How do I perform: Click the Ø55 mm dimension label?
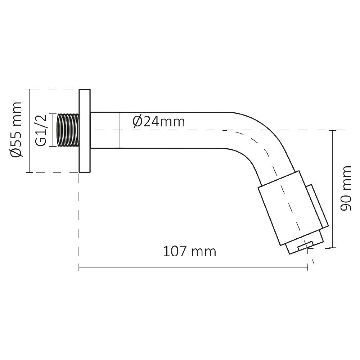(16, 130)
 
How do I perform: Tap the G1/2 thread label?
(41, 130)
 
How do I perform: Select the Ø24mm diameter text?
(159, 122)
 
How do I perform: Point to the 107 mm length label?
(190, 251)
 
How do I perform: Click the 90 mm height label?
(346, 188)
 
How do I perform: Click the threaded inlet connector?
(68, 130)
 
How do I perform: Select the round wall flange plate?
(85, 131)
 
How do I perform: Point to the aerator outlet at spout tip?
(304, 246)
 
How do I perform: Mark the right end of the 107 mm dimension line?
(308, 267)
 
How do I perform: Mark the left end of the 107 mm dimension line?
(79, 267)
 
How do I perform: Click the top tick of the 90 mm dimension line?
(333, 130)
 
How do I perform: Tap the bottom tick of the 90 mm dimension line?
(333, 248)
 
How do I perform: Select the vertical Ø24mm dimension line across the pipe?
(119, 130)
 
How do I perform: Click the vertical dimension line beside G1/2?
(53, 130)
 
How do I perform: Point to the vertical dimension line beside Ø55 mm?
(28, 130)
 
